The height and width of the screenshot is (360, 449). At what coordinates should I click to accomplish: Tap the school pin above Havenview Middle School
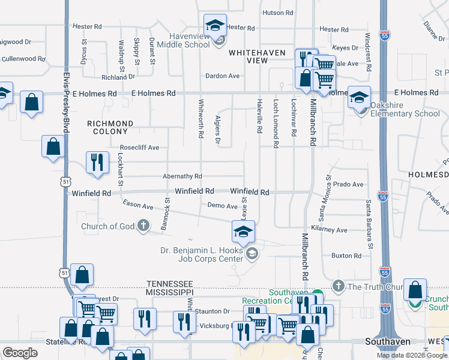pyautogui.click(x=214, y=26)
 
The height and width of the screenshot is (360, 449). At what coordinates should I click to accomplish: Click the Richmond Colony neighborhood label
pyautogui.click(x=110, y=128)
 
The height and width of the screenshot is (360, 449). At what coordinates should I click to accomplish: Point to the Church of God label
pyautogui.click(x=107, y=226)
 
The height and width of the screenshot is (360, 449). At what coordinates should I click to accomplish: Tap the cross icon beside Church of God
pyautogui.click(x=143, y=226)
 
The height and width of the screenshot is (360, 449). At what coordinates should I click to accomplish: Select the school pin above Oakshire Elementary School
pyautogui.click(x=359, y=98)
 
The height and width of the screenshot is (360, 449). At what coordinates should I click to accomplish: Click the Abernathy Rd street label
pyautogui.click(x=182, y=176)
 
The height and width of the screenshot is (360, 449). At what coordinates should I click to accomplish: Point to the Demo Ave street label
pyautogui.click(x=222, y=206)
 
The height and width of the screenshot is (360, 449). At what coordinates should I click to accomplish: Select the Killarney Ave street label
pyautogui.click(x=333, y=230)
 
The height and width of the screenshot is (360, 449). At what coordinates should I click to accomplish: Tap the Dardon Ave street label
pyautogui.click(x=222, y=76)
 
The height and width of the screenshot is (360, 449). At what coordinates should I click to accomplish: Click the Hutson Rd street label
pyautogui.click(x=277, y=12)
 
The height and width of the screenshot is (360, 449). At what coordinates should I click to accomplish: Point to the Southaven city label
pyautogui.click(x=388, y=341)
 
